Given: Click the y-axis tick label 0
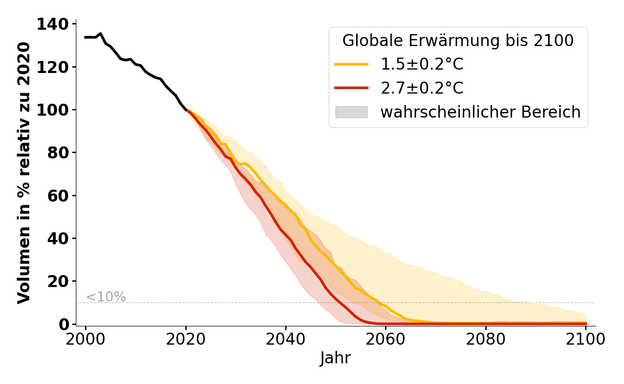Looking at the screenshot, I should (64, 324).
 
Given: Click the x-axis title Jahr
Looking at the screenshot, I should (336, 359).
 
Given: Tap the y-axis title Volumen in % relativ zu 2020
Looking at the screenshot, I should (24, 173).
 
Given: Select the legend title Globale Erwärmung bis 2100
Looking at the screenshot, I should (458, 41).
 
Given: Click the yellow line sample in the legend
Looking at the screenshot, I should (351, 64).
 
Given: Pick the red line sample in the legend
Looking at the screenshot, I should (351, 88).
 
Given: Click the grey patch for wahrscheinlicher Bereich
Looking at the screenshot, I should (351, 112).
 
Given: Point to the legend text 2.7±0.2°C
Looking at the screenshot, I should (422, 88).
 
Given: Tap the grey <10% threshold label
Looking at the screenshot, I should (106, 297).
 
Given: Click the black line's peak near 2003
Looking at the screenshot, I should (100, 34).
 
